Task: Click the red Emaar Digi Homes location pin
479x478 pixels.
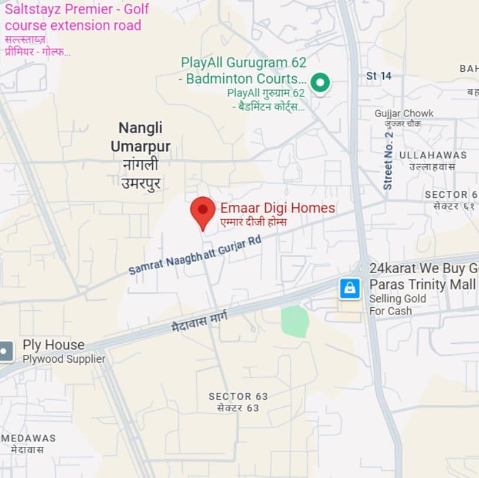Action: [203, 211]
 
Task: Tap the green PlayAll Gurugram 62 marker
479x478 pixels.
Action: [320, 83]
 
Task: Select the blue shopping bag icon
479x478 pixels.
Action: [350, 288]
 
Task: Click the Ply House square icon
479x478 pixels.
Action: [5, 351]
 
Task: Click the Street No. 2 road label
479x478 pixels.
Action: [388, 160]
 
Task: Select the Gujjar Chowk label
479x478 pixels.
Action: [404, 113]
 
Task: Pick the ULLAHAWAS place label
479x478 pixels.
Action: [433, 155]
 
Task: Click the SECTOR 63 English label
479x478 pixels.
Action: [238, 397]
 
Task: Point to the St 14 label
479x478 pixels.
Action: [378, 76]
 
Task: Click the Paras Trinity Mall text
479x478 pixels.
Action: [423, 285]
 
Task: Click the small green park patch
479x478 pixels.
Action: [295, 321]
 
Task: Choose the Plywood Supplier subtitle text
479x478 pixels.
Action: [64, 358]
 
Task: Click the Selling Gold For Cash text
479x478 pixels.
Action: [397, 305]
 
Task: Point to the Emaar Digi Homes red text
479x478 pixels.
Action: [277, 208]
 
